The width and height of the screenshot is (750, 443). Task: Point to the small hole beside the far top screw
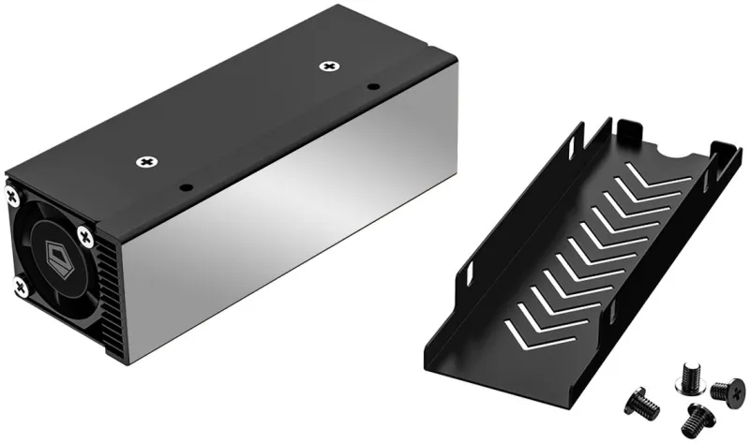(372, 87)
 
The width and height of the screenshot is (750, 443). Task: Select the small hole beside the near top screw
(185, 185)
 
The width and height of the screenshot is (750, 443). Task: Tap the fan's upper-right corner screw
(85, 234)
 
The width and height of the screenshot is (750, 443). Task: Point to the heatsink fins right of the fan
(107, 290)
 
